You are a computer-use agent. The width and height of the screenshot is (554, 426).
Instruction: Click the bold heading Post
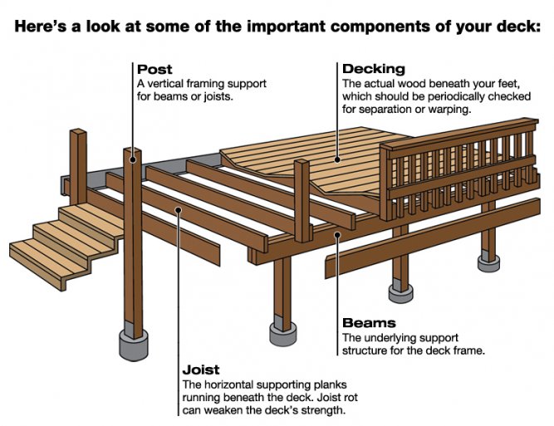coord(155,69)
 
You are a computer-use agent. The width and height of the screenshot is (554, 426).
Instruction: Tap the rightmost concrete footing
coord(489,262)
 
